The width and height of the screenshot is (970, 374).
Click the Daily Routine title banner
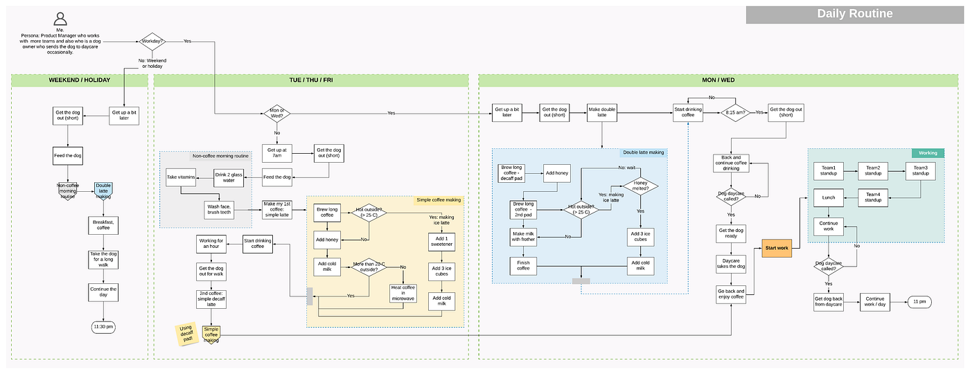854,14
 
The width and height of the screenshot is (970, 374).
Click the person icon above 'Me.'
61,19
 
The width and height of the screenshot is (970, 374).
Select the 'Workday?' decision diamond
152,42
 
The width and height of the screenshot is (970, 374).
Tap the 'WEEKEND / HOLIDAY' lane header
80,80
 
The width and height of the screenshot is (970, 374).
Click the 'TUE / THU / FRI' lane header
310,80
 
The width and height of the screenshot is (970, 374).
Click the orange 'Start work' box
776,248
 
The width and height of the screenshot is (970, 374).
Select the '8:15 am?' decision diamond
735,112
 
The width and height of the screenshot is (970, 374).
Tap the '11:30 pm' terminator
103,326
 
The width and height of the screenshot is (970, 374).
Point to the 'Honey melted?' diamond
640,186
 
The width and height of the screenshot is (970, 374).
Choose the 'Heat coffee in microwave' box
403,293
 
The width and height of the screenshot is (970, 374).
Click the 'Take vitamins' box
180,178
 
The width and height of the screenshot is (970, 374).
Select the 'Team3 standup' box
920,170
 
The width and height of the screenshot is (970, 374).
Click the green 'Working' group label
927,152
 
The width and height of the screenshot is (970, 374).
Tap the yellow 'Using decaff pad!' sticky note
185,335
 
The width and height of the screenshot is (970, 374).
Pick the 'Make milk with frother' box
524,237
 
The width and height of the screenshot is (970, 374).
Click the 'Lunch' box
829,198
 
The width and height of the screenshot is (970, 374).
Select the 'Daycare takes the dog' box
731,264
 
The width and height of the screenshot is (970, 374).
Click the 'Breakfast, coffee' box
103,224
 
